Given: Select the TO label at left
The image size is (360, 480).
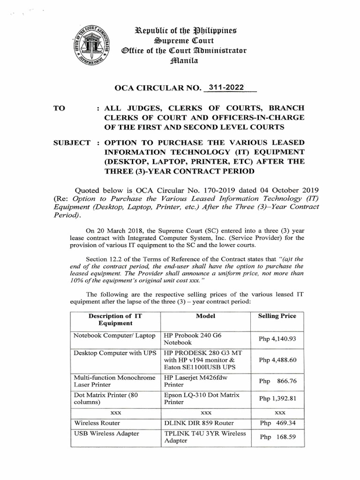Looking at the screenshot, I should (60, 107).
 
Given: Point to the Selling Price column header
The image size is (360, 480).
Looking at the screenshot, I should (277, 316).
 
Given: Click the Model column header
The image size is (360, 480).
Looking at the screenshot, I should (206, 316).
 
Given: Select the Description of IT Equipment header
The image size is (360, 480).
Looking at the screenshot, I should (115, 320).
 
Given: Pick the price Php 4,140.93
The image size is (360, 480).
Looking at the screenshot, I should (277, 339).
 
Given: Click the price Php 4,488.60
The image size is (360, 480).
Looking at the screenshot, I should (277, 360).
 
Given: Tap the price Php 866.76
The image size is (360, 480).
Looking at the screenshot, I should (277, 381).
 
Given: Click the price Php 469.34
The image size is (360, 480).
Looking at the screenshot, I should (277, 423).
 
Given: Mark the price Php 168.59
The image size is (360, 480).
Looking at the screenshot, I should (277, 437).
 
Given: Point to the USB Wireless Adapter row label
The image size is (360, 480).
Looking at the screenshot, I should (106, 434).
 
